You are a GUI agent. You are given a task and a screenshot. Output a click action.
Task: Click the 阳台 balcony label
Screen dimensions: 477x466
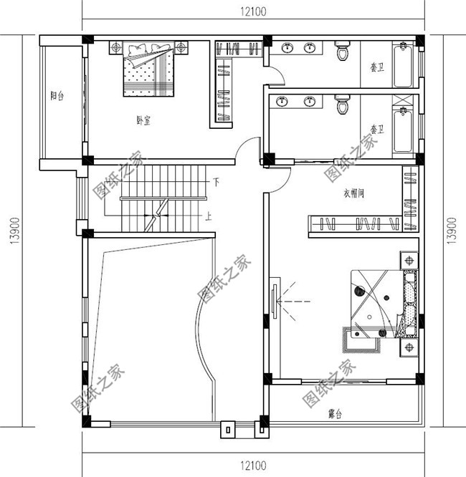57,96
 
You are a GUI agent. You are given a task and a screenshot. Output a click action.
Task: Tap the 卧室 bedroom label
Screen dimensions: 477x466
143,120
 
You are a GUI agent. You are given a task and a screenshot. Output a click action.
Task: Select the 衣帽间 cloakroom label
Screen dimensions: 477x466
354,193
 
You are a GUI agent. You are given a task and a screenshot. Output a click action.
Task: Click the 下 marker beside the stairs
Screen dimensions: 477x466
215,183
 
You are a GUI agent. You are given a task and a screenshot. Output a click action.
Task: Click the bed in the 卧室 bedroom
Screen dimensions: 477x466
148,70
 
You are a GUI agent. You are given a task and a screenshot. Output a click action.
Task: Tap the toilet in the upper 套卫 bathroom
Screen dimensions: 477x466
342,52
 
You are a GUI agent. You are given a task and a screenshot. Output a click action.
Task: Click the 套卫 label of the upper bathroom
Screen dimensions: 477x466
376,69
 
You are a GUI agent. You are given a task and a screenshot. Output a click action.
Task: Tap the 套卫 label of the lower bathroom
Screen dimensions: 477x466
376,130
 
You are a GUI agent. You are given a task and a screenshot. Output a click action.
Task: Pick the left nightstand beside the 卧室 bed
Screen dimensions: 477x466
116,48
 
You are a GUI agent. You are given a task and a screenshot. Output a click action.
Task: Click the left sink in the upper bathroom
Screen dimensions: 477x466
287,48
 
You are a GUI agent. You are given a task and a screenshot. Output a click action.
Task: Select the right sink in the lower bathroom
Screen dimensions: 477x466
310,101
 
